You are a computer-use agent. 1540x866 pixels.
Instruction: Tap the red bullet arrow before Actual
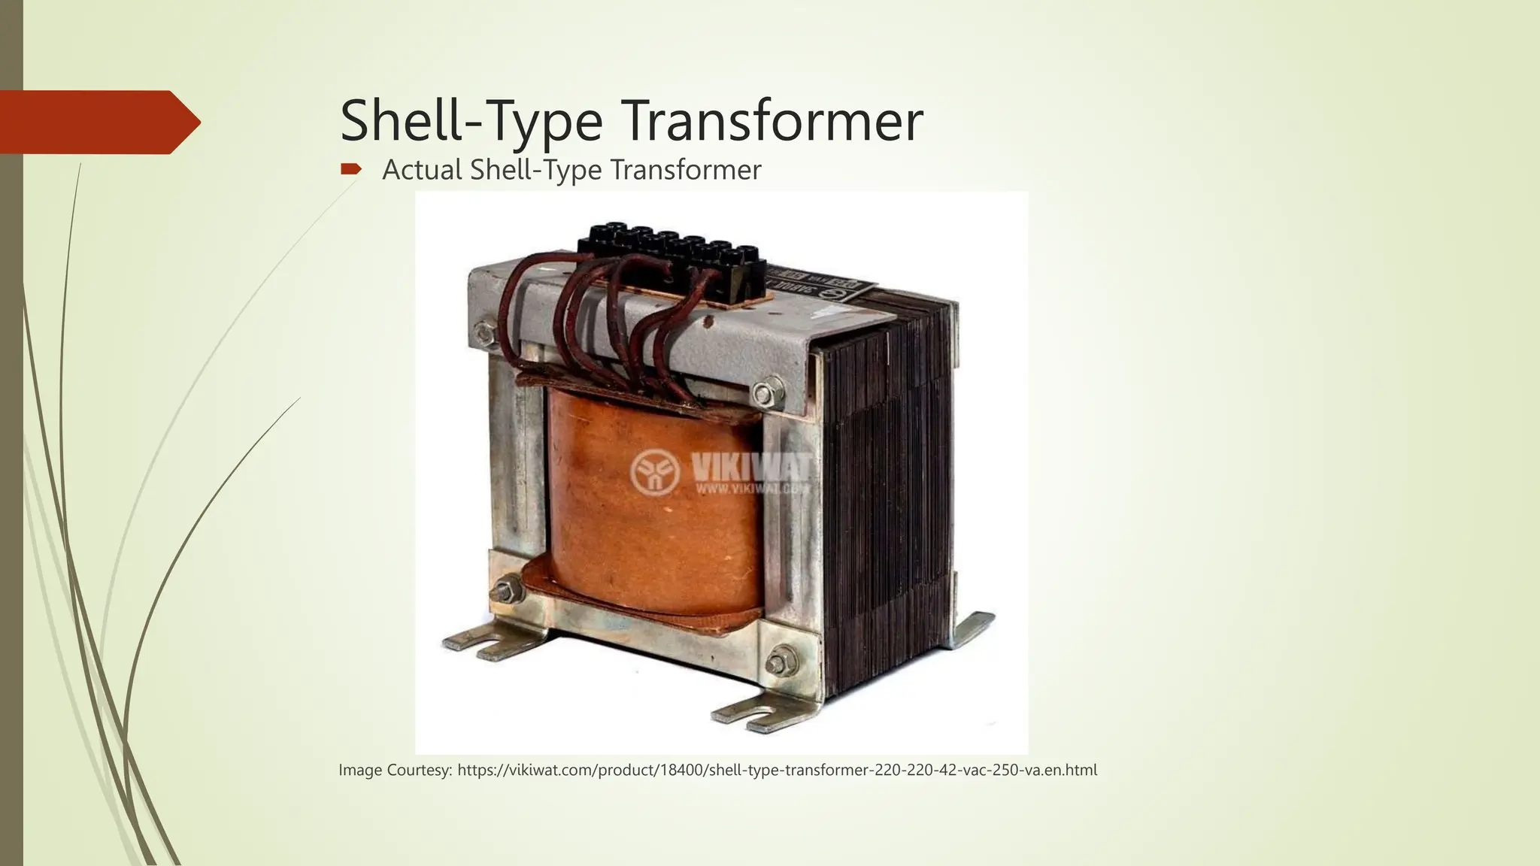coord(350,169)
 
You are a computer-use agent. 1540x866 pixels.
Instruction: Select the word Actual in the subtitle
coord(422,170)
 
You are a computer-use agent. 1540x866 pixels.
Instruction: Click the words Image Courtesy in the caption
coord(395,771)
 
